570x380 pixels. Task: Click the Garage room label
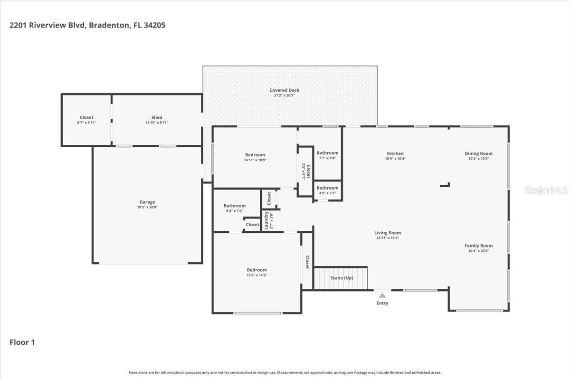(147, 202)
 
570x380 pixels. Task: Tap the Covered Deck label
(284, 90)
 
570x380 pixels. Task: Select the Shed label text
(157, 117)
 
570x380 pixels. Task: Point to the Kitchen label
(395, 153)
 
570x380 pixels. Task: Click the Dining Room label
(478, 153)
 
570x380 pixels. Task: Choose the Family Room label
(478, 246)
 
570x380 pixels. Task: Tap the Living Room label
(388, 233)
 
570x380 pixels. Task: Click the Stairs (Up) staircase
(341, 278)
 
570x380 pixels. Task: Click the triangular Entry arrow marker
(382, 295)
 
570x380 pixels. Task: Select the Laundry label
(266, 221)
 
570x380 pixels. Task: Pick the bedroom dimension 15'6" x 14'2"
(256, 275)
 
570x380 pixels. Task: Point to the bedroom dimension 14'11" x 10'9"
(255, 160)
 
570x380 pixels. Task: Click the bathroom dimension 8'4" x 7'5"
(235, 211)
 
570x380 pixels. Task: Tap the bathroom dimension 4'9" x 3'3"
(327, 193)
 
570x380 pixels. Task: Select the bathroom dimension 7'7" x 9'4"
(327, 158)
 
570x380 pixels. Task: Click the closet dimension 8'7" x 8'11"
(86, 123)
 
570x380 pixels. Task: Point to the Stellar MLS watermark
(546, 190)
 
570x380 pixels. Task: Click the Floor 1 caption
(22, 342)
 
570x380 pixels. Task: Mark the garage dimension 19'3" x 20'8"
(147, 208)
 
